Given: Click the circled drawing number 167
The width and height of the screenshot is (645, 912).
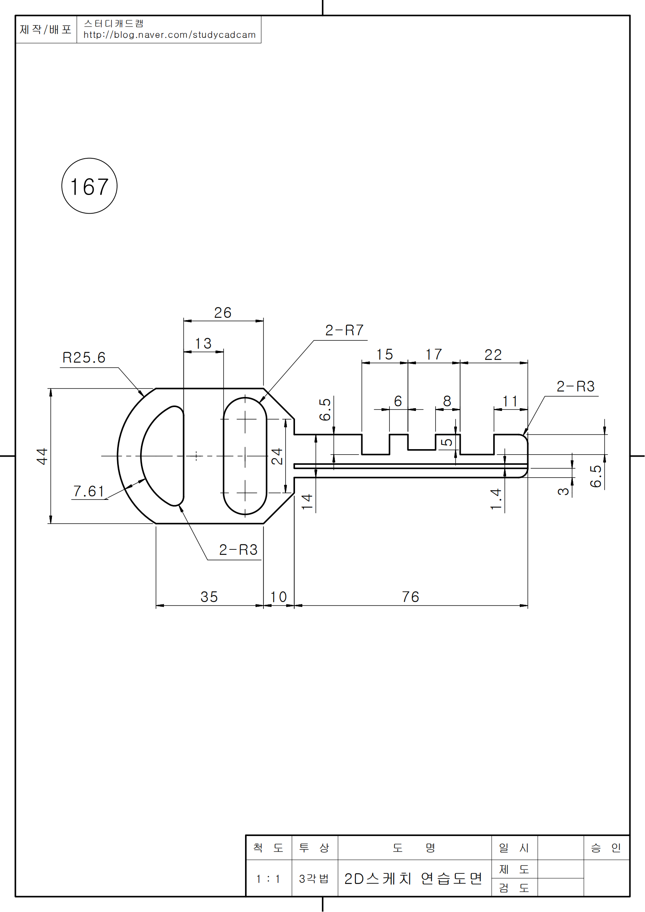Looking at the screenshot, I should point(89,186).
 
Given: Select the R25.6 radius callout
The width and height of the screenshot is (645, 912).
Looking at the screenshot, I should point(84,358).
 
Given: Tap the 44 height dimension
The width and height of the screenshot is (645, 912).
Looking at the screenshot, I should point(42,456).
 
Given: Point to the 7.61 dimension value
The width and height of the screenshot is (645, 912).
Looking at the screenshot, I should point(88,491).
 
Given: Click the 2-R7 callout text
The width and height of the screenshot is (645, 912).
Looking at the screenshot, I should point(344,330).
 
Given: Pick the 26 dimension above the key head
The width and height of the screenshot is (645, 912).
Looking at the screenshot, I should point(222,313).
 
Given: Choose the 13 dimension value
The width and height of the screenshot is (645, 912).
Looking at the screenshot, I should point(203,344).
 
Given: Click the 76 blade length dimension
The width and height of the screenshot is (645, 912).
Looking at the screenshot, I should point(410,597).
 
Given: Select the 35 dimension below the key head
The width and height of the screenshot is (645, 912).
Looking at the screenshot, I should point(209,597).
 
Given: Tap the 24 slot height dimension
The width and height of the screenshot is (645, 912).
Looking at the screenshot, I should point(277,456).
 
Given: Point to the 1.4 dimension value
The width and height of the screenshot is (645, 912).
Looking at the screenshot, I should point(496,499).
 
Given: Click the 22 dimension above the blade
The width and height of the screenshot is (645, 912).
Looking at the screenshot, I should point(493,355).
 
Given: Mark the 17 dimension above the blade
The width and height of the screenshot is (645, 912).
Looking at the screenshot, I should point(434,354).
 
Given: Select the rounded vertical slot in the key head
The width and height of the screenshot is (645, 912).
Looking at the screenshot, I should point(245,456).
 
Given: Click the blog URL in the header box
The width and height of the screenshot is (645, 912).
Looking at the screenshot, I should point(169,35).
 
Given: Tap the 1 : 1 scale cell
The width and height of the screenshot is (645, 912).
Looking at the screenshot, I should point(268,878).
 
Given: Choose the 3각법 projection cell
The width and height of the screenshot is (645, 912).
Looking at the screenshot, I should point(314,878).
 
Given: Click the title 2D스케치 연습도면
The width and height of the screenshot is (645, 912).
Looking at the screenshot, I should point(413,878).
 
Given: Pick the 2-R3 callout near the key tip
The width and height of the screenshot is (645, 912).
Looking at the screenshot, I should point(575,386).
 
